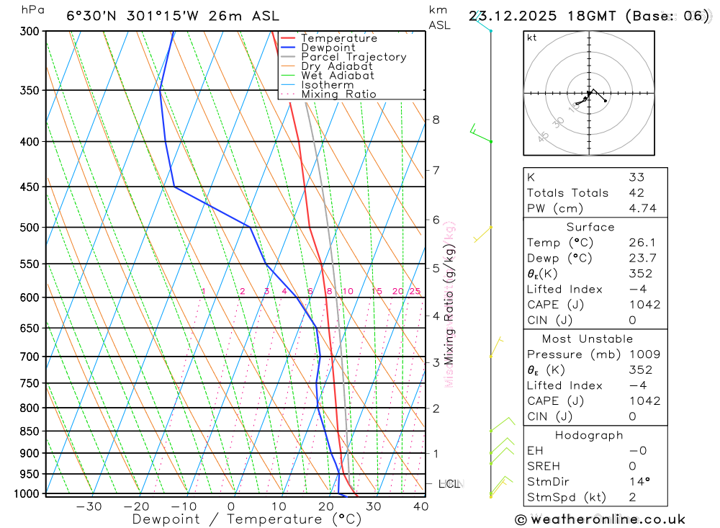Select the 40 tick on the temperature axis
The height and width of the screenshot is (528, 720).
[421, 506]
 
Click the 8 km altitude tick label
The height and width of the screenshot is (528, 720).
[436, 120]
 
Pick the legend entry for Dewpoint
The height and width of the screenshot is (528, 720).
[328, 48]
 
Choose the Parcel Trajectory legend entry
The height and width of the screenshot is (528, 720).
[354, 57]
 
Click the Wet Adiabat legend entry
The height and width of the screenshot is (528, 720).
[338, 76]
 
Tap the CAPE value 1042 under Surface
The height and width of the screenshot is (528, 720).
[644, 305]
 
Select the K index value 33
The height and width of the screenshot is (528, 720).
[636, 177]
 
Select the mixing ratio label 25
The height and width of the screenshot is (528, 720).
[415, 292]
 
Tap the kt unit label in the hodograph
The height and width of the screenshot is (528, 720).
[532, 37]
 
